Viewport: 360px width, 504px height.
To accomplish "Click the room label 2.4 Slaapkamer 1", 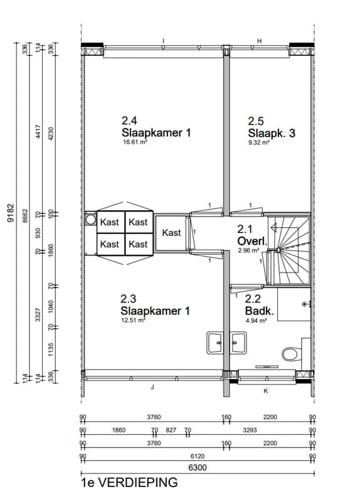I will coord(155,127).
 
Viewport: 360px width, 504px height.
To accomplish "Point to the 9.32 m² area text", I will coord(258,142).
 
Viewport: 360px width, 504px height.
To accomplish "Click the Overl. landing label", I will coord(253,242).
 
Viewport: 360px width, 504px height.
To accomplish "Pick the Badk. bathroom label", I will coord(258,311).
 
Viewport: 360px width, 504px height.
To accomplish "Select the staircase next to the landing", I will coord(289,249).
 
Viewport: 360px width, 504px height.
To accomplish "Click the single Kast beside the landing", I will coord(171,233).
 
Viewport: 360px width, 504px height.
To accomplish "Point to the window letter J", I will coord(152,387).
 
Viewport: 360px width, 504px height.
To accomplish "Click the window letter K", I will coord(266,391).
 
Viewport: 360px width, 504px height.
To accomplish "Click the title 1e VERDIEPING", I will coord(129,483).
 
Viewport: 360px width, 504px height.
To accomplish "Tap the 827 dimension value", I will coord(171,431).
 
